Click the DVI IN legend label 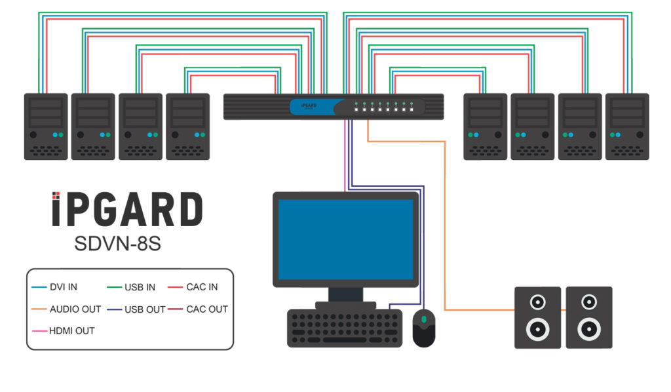coord(64,287)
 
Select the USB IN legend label coord(140,287)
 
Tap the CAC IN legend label coord(202,287)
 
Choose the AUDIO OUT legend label coord(75,309)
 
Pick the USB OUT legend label coord(145,309)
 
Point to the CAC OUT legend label coord(207,309)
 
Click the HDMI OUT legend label coord(72,330)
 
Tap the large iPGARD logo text coord(127,210)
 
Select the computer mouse coord(424,328)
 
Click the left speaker coord(537,317)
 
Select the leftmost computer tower coord(46,126)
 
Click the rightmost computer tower coord(627,126)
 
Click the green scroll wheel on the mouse coord(424,319)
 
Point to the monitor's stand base coord(345,305)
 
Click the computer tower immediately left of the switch coord(187,126)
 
